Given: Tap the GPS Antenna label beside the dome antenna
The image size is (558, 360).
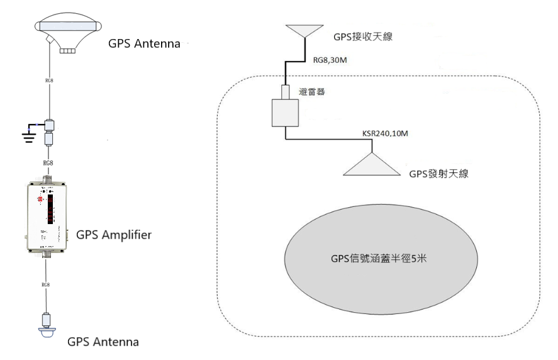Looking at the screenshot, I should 145,45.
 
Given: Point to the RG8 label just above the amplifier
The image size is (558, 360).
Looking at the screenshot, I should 48,163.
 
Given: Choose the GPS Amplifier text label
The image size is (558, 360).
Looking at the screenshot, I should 114,235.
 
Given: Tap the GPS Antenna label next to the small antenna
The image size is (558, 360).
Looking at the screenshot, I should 103,342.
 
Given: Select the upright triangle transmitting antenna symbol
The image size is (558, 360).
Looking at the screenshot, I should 371,165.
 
